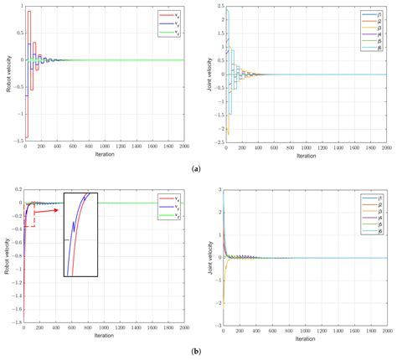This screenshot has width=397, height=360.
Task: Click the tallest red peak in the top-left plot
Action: pyautogui.click(x=28, y=12)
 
